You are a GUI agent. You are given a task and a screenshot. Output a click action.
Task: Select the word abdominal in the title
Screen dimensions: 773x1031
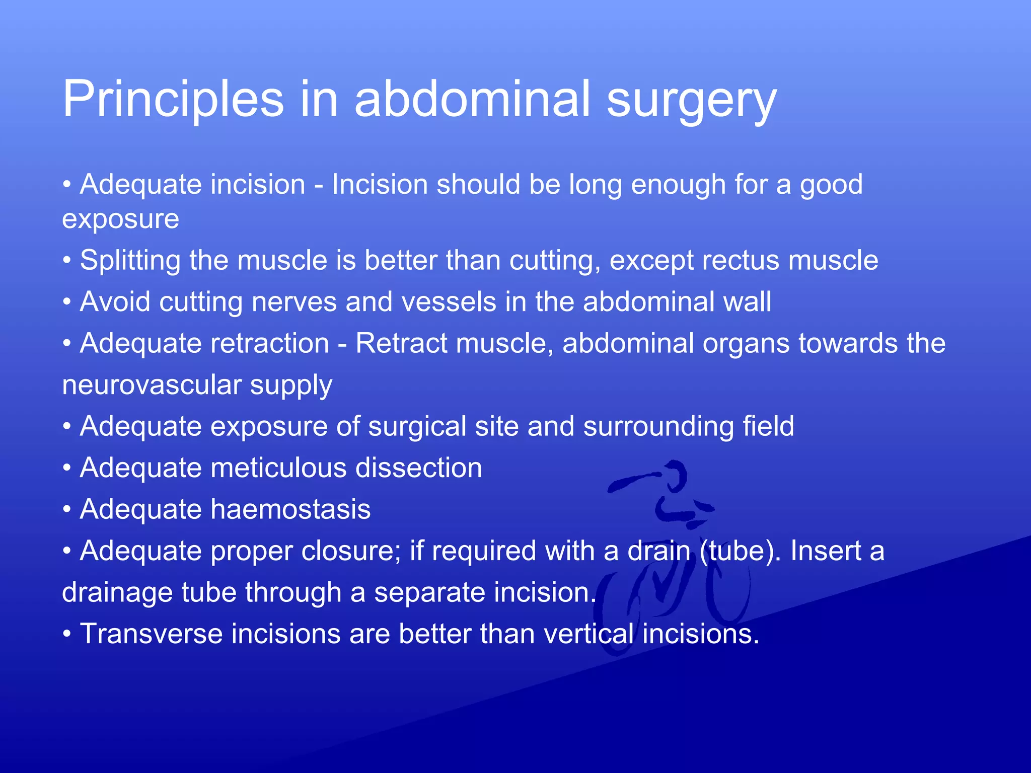472,99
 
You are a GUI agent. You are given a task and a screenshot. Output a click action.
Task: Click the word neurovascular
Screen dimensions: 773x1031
151,385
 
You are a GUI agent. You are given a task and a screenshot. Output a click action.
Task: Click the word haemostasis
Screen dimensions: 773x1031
290,509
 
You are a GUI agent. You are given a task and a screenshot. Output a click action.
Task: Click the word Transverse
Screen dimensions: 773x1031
151,634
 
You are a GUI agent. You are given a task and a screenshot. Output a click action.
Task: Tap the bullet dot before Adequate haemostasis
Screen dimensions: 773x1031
66,510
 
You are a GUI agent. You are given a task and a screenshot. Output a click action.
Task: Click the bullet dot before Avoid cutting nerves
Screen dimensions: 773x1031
66,302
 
